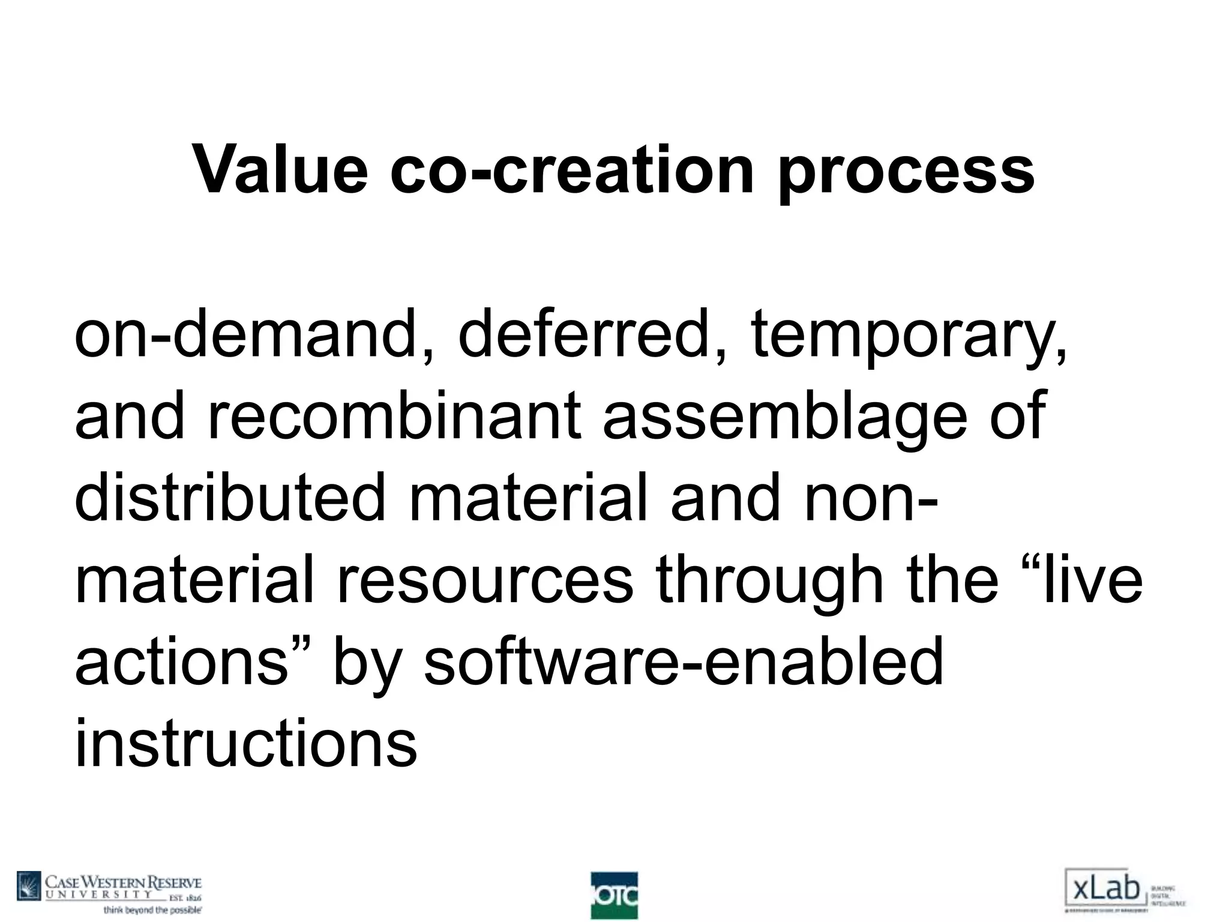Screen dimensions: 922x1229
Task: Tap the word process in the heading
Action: tap(906, 174)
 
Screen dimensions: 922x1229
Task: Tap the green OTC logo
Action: tap(614, 895)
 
